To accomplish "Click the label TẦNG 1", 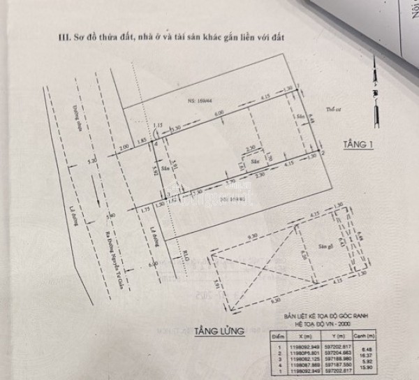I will pyautogui.click(x=359, y=145).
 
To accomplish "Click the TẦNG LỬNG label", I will pyautogui.click(x=220, y=331).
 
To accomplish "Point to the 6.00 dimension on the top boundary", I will pyautogui.click(x=219, y=113).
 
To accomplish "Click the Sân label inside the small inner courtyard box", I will pyautogui.click(x=255, y=160).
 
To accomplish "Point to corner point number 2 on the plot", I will pyautogui.click(x=322, y=152).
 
